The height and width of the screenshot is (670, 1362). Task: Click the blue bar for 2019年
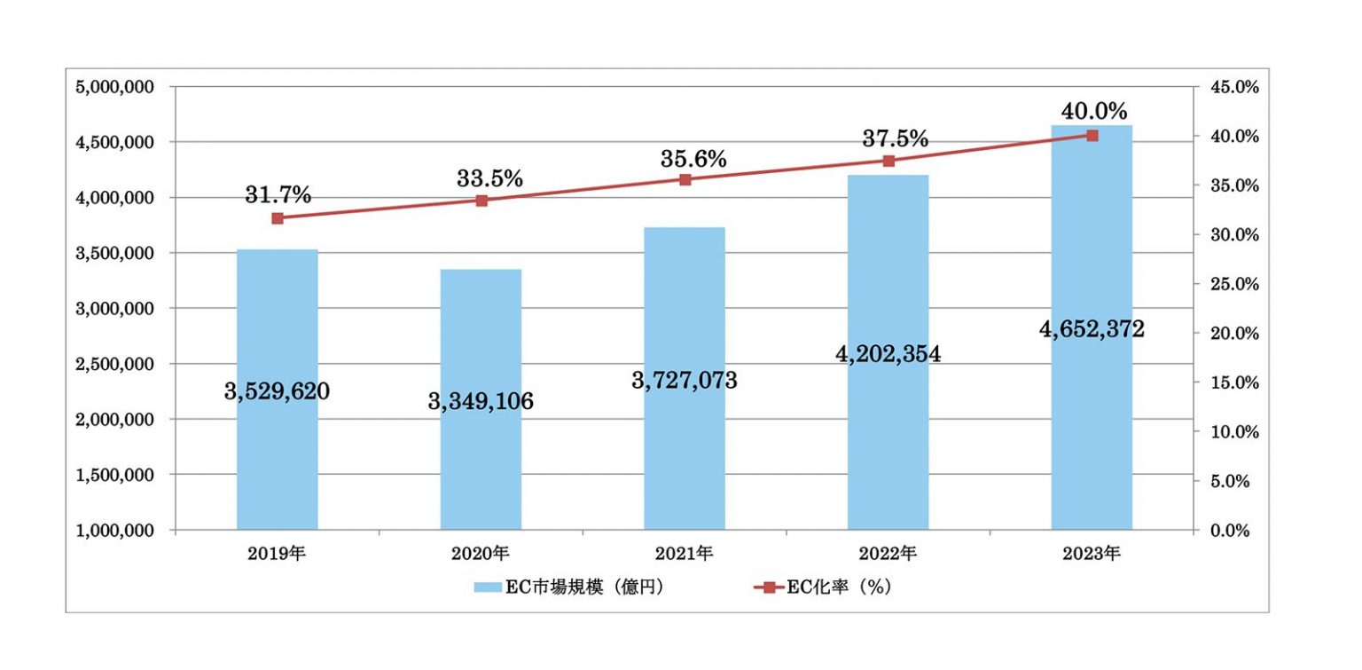[x=277, y=461]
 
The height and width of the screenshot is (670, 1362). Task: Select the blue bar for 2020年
[x=481, y=470]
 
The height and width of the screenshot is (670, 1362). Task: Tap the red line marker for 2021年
[x=685, y=179]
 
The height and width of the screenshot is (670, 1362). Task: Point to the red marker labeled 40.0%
[x=1092, y=135]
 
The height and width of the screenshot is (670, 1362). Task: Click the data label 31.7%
[x=278, y=195]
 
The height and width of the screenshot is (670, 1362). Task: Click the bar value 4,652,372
[x=1092, y=329]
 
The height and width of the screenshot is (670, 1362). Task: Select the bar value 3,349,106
[x=481, y=401]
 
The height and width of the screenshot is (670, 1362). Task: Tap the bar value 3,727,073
[x=685, y=381]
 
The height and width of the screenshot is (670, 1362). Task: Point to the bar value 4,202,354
[x=888, y=353]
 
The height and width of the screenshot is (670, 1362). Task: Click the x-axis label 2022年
[x=888, y=554]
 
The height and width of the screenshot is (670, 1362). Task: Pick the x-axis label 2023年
[x=1092, y=554]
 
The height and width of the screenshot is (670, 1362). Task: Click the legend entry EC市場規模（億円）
[x=571, y=587]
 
